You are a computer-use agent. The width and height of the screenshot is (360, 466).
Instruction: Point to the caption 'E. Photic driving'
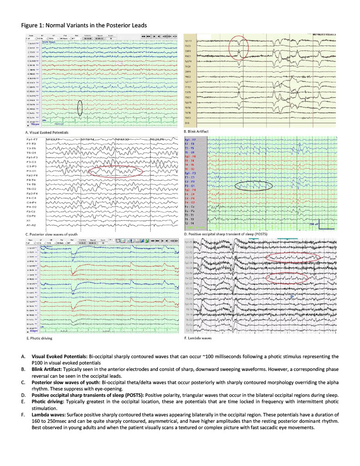[38, 339]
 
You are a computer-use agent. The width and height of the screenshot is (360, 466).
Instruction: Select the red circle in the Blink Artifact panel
[239, 48]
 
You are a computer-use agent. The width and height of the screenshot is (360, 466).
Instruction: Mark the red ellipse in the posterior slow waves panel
[116, 171]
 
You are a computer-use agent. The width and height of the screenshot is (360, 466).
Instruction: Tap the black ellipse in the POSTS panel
[254, 185]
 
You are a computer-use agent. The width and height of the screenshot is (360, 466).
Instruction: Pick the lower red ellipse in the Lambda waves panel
[286, 278]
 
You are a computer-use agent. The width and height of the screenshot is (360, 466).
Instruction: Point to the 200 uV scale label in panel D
[314, 224]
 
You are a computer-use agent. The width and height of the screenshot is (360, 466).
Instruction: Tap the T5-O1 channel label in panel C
[32, 153]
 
